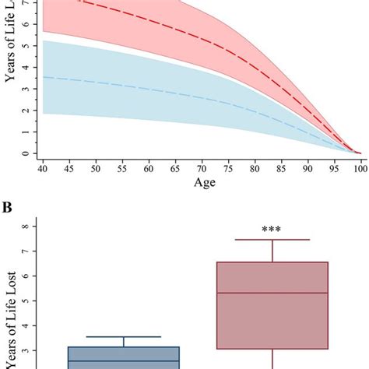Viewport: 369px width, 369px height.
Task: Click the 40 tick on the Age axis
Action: coord(44,168)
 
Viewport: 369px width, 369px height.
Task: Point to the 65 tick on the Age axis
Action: coord(176,168)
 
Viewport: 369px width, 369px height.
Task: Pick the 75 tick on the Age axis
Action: coord(228,168)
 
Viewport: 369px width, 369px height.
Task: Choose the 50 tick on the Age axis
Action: coord(97,168)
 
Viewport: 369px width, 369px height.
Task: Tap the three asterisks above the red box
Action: coord(272,230)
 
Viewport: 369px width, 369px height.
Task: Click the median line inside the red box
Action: coord(272,293)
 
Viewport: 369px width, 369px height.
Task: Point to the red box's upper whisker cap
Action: coord(272,240)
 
